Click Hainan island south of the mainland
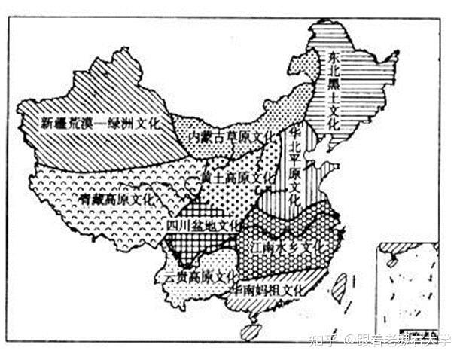(x=251, y=331)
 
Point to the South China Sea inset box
(x=407, y=290)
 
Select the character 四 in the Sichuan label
(x=172, y=224)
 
